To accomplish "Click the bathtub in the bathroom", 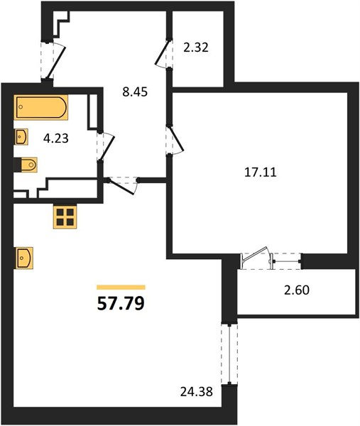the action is [x=40, y=107].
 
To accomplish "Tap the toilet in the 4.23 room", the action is [x=26, y=165].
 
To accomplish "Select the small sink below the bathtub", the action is [x=21, y=136].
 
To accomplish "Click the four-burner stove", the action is [x=65, y=216].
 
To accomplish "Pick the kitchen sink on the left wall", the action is [x=23, y=258].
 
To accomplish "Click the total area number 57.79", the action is [x=121, y=303].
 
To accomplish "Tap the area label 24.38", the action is [x=197, y=392].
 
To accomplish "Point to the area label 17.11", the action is [x=261, y=173].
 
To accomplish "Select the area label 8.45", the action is [x=135, y=92].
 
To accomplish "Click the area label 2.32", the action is [x=196, y=48].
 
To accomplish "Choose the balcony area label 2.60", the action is [x=297, y=290].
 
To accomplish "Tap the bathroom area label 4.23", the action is [x=56, y=138].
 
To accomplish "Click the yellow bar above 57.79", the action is [x=121, y=287].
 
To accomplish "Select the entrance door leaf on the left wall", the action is [x=56, y=62].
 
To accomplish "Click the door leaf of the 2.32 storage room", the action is [x=163, y=52].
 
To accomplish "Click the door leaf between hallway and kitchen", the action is [x=121, y=187].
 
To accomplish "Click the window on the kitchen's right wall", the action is [x=229, y=354].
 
